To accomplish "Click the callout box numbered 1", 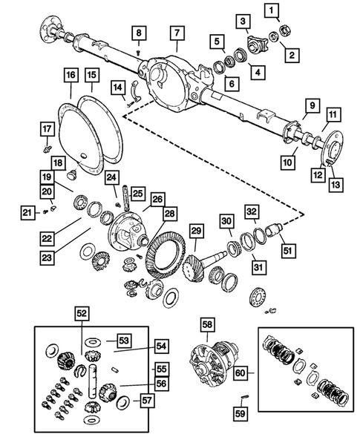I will tap(273, 10).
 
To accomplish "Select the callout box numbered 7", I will tap(176, 33).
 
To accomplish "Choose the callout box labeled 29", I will tap(197, 232).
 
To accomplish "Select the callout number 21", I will tap(26, 214).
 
